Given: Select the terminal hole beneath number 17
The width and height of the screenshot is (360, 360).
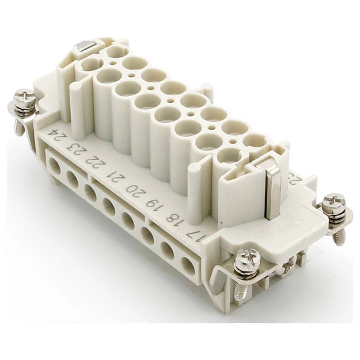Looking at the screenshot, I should tap(188, 266).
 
